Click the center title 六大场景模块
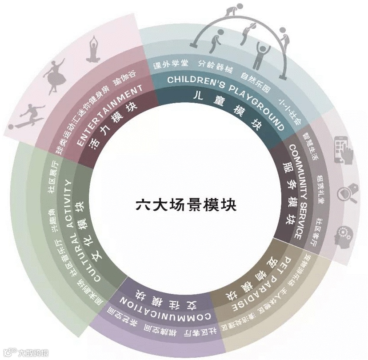coord(186,206)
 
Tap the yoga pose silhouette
coord(93,48)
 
